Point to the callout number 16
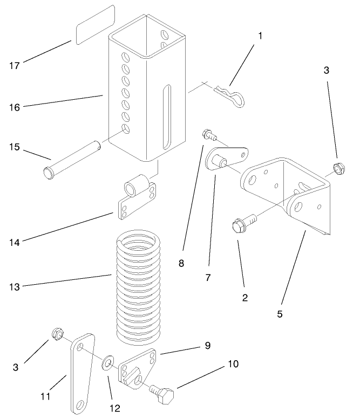point(15,107)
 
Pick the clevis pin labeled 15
point(70,159)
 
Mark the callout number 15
point(15,147)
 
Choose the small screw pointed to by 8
point(207,135)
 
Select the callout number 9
point(207,345)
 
